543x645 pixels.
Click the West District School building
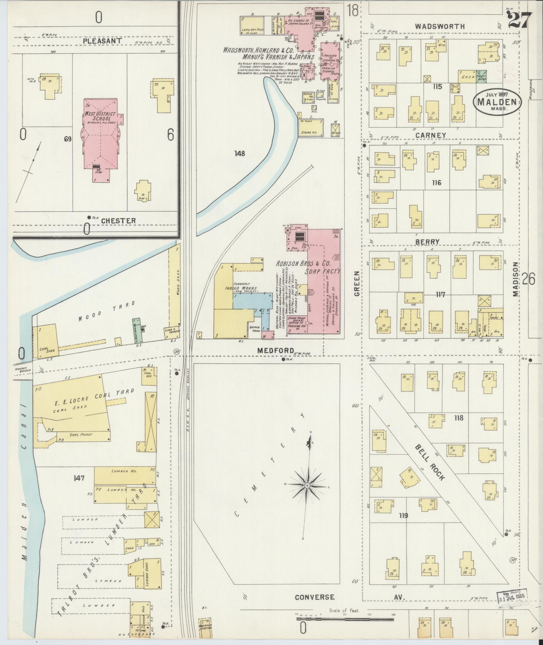tap(100, 135)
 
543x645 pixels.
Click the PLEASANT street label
tap(98, 41)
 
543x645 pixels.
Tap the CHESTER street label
tap(118, 221)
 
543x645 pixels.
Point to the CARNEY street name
tap(431, 135)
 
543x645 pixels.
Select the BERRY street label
tap(427, 242)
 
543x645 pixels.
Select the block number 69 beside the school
tap(68, 139)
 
